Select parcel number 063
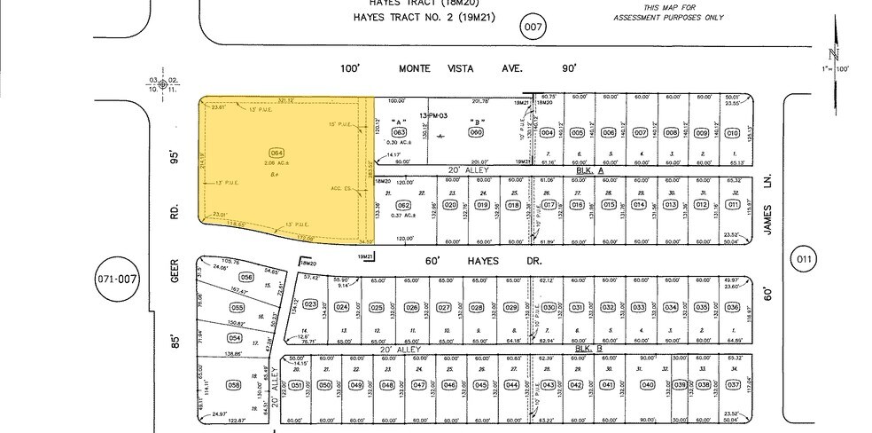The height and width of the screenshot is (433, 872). coord(399,133)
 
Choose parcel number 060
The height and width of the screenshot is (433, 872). coord(475,133)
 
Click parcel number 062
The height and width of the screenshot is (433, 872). coord(403,205)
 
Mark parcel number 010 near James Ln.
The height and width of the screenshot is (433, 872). coord(732,133)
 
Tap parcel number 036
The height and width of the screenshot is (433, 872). coord(732,308)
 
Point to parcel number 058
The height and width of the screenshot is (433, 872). coord(234,385)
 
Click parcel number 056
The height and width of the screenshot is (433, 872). coord(246,278)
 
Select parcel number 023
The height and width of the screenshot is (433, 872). coord(310,304)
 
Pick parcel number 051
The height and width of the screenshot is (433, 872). coord(297,385)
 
